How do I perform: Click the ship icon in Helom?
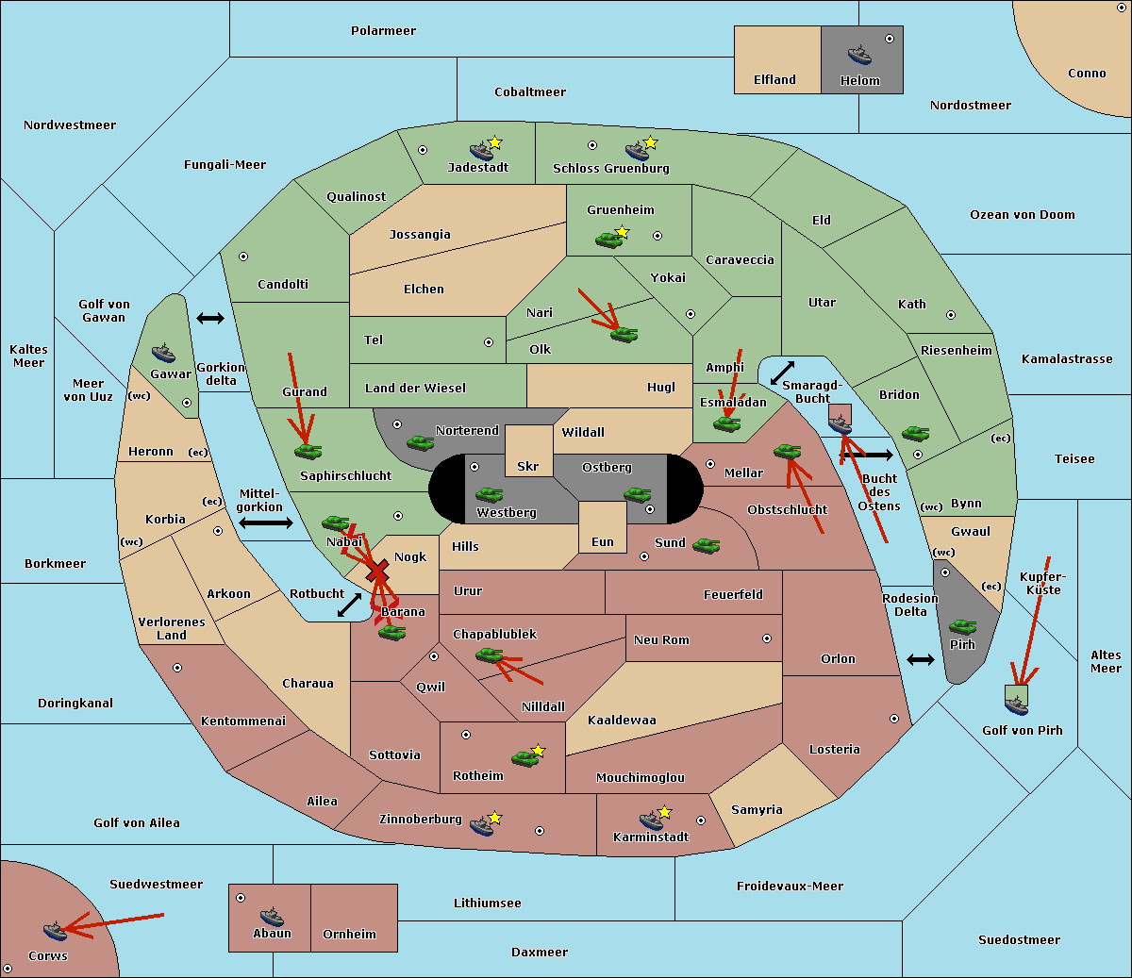[859, 55]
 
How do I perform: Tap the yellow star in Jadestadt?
[494, 143]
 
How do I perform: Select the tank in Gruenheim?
[608, 240]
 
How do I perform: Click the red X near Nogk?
[378, 572]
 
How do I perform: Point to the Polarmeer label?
[383, 31]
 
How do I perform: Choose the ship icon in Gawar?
[163, 354]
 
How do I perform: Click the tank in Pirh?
[962, 626]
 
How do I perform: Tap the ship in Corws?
[55, 931]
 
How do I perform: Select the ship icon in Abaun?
[272, 917]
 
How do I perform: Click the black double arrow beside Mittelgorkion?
[266, 523]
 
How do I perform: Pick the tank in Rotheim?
[524, 758]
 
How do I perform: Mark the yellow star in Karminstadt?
[664, 812]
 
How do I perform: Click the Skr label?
[528, 467]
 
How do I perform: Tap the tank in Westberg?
[489, 495]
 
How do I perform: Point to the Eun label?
[603, 542]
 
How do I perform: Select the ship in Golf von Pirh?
[1017, 705]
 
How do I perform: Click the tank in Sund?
[706, 546]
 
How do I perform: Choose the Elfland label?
[774, 80]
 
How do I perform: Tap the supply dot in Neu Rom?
[767, 638]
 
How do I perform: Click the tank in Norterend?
[420, 443]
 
